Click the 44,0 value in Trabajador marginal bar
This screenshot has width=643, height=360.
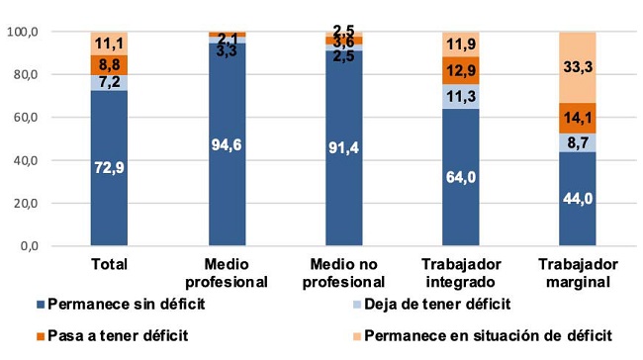(x=579, y=199)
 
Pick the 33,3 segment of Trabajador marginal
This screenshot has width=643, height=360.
(x=579, y=67)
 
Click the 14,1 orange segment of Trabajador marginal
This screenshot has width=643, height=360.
(x=579, y=118)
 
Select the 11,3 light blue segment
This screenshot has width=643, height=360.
(x=462, y=97)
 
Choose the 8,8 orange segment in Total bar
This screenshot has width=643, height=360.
(x=110, y=64)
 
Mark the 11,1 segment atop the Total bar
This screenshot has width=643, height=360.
(x=110, y=44)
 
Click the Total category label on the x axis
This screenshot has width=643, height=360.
(x=110, y=265)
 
